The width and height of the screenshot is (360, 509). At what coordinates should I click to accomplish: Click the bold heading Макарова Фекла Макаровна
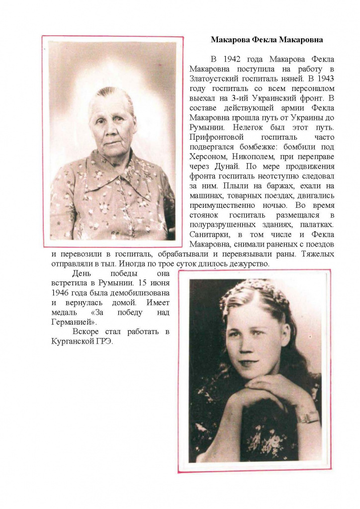267,39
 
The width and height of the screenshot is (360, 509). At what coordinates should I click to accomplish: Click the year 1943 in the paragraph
325,78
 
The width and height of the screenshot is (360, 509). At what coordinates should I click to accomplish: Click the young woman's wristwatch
308,416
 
